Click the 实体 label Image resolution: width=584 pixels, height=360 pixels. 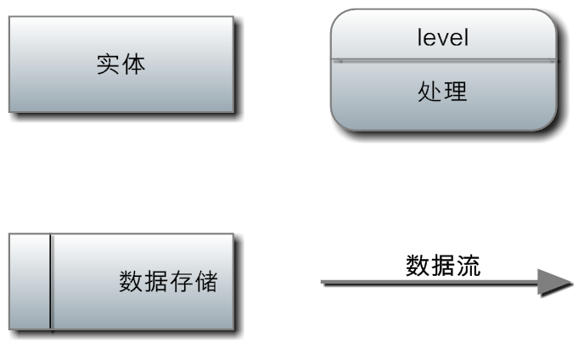tap(120, 65)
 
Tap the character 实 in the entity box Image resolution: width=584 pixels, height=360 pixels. tap(107, 65)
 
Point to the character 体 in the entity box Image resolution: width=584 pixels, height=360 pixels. tap(133, 65)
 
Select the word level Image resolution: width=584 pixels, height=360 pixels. tap(443, 37)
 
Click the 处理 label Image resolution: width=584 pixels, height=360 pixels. tap(442, 91)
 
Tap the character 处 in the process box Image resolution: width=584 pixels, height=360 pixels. tap(430, 91)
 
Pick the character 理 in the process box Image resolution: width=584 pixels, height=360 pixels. tap(456, 91)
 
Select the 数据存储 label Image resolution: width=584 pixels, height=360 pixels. tap(168, 281)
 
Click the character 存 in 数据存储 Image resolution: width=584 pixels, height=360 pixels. tap(180, 281)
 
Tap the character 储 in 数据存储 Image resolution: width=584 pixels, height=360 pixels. tap(205, 281)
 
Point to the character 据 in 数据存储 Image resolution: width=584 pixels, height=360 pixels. tap(155, 281)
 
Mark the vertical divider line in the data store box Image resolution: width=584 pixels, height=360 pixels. tap(51, 281)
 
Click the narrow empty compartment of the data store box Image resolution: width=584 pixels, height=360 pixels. tap(31, 281)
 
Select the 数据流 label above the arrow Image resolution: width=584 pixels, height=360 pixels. tap(443, 265)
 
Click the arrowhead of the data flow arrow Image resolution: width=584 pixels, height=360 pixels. tap(555, 283)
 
